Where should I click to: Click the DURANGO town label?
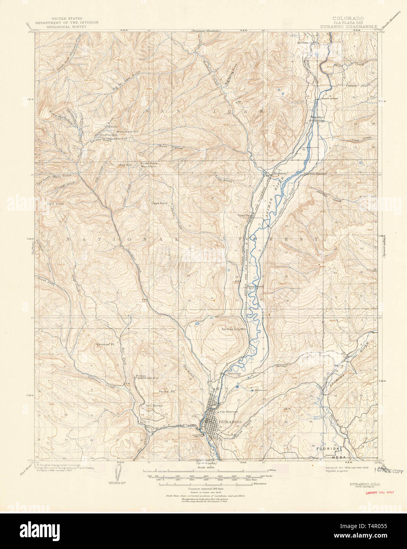pyautogui.click(x=230, y=422)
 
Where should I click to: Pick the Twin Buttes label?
pyautogui.click(x=154, y=406)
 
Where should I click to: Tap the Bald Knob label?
pyautogui.click(x=55, y=203)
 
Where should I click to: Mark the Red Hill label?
pyautogui.click(x=125, y=165)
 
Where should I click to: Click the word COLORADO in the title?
pyautogui.click(x=348, y=18)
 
